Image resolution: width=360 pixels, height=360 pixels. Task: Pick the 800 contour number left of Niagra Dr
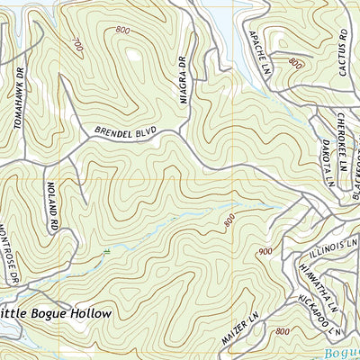(x=121, y=31)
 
